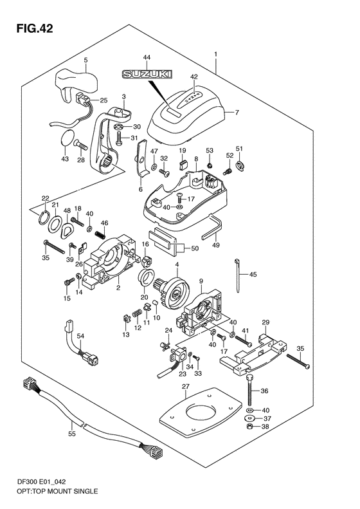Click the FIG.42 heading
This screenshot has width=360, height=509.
point(35,28)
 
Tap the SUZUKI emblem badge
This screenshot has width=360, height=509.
point(147,75)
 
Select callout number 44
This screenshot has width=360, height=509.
point(147,57)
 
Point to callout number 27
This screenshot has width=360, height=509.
point(185,387)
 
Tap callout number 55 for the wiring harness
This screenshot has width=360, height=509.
point(71,433)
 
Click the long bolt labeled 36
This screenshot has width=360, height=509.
point(249,389)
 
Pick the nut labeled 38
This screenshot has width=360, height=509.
point(249,427)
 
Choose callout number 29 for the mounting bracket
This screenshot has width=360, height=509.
point(265,322)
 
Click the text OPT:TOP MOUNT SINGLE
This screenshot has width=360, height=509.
point(57,491)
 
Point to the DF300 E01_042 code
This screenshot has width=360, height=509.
point(41,482)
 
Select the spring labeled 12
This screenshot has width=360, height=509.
point(137,315)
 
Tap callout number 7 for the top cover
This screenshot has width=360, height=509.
point(237,113)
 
